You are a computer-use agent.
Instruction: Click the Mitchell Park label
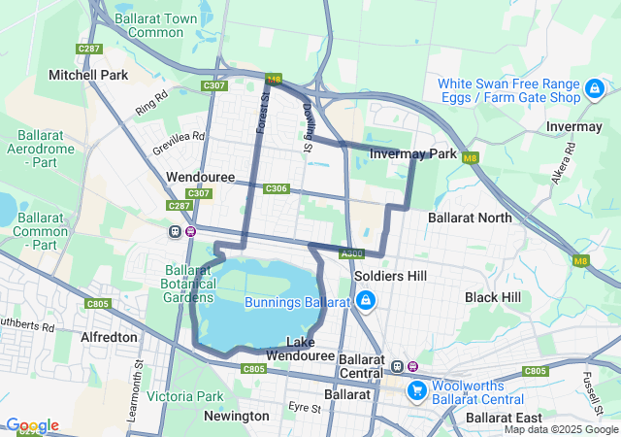tap(88, 75)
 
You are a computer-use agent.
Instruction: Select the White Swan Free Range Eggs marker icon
tap(593, 90)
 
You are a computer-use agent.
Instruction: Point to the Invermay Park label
tap(413, 153)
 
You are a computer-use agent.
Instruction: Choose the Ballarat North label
tap(470, 218)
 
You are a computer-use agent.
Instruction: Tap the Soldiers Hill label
tap(390, 276)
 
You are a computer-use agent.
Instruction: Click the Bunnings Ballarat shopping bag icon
tap(364, 302)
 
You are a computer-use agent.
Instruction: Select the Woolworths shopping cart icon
tap(417, 389)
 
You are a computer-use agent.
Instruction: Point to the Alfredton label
tap(110, 337)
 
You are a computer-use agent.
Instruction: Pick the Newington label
tap(236, 416)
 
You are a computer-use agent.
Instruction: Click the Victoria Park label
tap(185, 396)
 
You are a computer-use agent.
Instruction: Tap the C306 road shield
tap(276, 188)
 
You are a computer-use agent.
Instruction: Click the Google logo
tap(31, 425)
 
